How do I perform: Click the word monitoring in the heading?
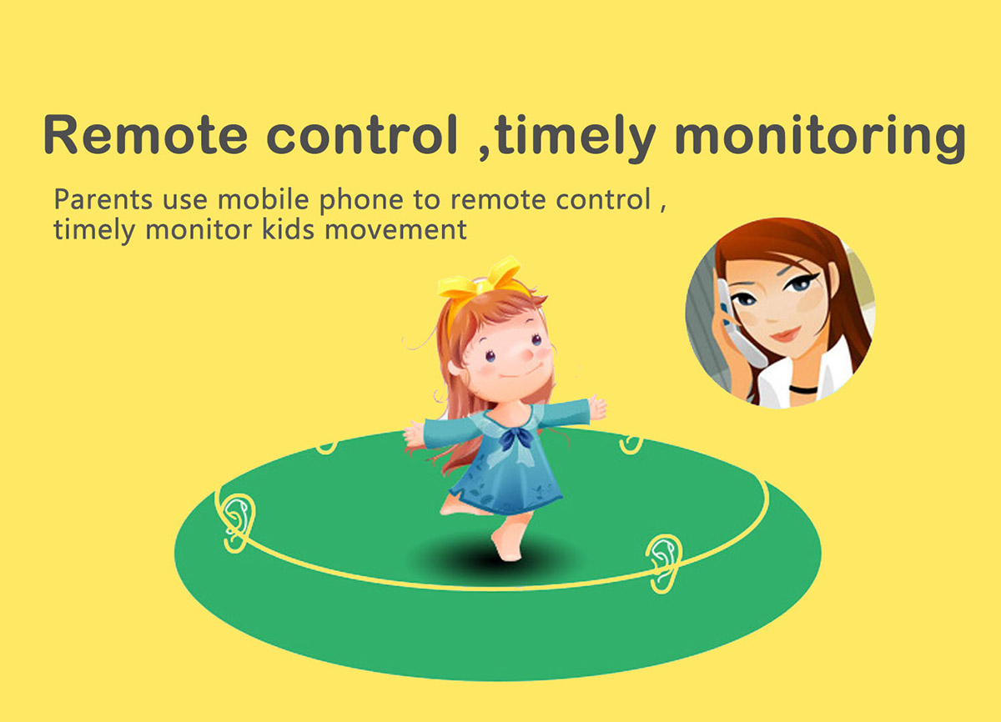click(x=821, y=138)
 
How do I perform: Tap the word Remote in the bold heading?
click(x=146, y=134)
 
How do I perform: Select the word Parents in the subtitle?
click(x=103, y=199)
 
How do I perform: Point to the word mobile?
click(x=264, y=198)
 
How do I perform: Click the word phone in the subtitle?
click(x=361, y=200)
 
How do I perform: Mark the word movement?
click(x=396, y=230)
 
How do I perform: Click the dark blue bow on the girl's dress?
click(x=517, y=438)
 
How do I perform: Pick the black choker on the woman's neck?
click(x=803, y=389)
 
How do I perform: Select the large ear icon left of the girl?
click(x=239, y=523)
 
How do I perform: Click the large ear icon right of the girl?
click(x=664, y=563)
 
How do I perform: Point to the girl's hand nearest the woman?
click(x=597, y=407)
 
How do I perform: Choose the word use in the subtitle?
click(x=185, y=202)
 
